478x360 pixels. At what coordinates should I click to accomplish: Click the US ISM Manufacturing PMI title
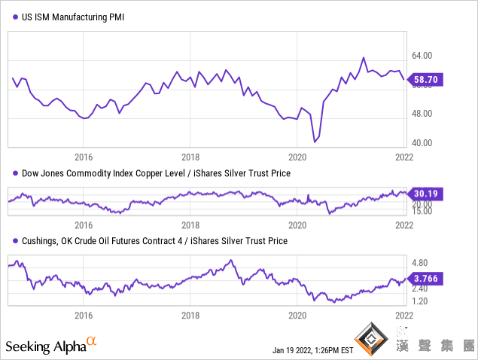click(74, 16)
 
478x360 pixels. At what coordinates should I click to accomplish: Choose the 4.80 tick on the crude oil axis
click(422, 263)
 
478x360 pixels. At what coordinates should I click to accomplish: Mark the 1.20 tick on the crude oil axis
click(422, 301)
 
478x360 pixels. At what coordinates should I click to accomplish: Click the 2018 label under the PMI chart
click(190, 157)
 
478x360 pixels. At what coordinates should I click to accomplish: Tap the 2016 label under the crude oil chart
click(83, 315)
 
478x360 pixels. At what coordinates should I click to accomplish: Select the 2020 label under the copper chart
click(298, 224)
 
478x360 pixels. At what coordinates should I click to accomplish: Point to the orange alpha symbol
click(91, 341)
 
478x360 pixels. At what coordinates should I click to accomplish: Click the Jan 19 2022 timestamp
click(312, 350)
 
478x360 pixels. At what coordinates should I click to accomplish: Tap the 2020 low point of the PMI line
click(315, 141)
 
